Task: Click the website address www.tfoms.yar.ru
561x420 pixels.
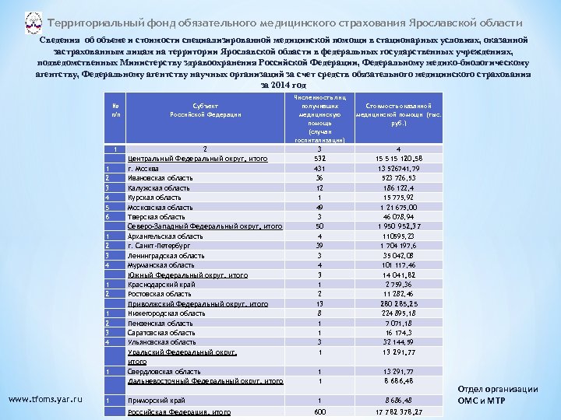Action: click(x=45, y=400)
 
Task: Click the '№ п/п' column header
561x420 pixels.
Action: click(x=115, y=110)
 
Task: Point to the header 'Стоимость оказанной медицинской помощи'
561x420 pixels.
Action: click(x=398, y=114)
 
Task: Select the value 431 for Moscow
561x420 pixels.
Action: click(x=319, y=168)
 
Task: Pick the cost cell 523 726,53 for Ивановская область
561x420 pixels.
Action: click(x=398, y=177)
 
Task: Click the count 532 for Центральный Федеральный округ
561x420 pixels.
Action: click(x=319, y=158)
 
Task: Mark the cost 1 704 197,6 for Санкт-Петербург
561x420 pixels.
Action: click(x=398, y=245)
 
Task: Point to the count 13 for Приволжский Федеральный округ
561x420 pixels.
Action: click(x=319, y=303)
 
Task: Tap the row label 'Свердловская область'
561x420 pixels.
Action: click(x=158, y=372)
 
